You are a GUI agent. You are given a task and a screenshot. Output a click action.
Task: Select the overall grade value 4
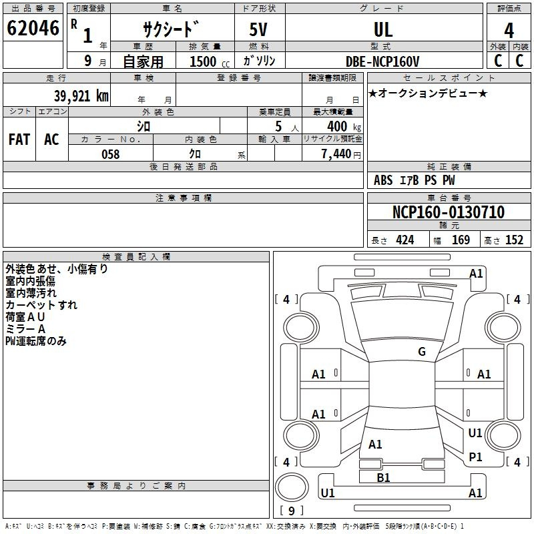pyautogui.click(x=509, y=31)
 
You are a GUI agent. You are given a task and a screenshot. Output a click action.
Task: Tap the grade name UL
pyautogui.click(x=383, y=30)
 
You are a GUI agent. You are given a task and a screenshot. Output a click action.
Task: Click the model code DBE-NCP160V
pyautogui.click(x=383, y=61)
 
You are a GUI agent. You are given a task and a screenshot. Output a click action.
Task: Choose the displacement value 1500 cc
pyautogui.click(x=206, y=61)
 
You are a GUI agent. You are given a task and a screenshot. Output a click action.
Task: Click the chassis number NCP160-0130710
pyautogui.click(x=448, y=213)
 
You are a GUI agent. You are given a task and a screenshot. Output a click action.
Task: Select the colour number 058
pyautogui.click(x=110, y=154)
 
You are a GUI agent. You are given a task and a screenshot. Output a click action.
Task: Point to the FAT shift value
pyautogui.click(x=19, y=140)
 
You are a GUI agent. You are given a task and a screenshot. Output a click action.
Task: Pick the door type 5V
pyautogui.click(x=260, y=30)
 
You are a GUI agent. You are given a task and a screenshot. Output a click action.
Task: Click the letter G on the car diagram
pyautogui.click(x=422, y=352)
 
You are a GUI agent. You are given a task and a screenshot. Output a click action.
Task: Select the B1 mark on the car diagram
pyautogui.click(x=383, y=478)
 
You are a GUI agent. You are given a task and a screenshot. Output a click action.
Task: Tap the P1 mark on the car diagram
pyautogui.click(x=475, y=457)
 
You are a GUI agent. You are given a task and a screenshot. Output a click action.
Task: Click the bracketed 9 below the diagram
pyautogui.click(x=291, y=511)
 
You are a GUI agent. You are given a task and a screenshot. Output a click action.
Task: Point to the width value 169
pyautogui.click(x=461, y=240)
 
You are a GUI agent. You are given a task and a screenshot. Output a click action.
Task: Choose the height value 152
pyautogui.click(x=514, y=240)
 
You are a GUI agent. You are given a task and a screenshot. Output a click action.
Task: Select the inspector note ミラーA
pyautogui.click(x=25, y=329)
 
